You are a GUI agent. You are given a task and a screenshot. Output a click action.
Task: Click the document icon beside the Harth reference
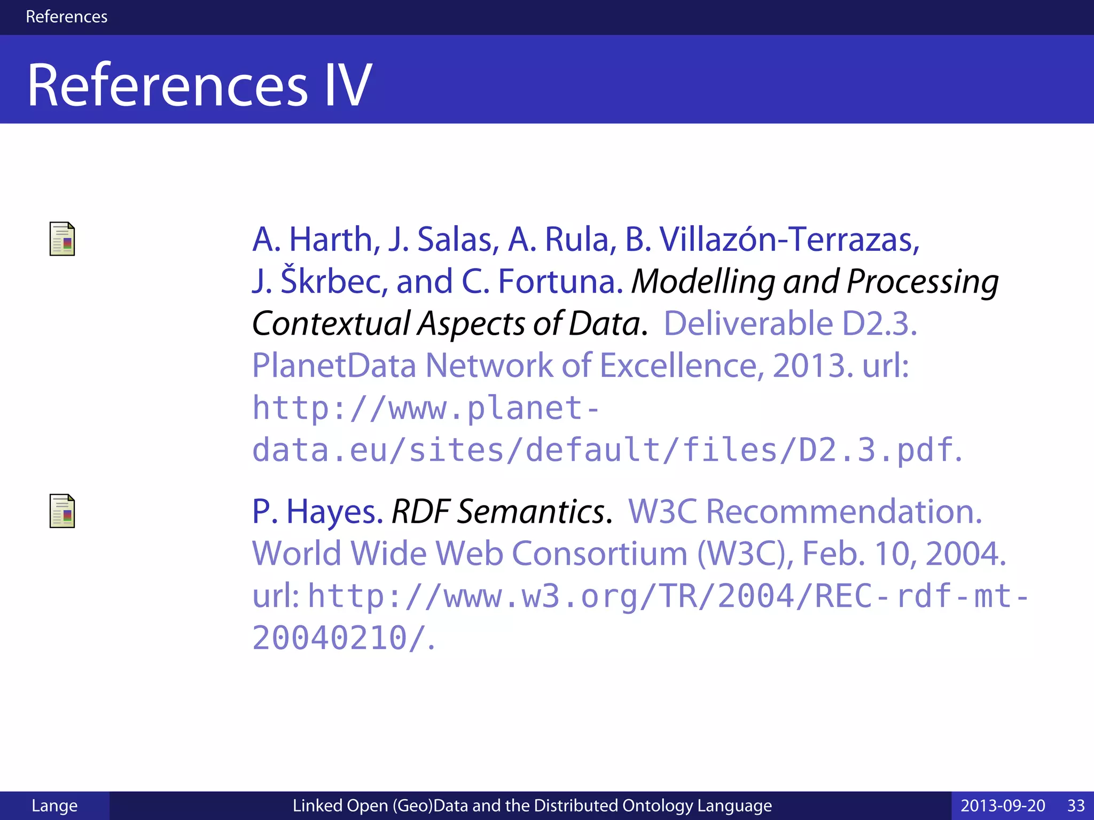click(x=62, y=239)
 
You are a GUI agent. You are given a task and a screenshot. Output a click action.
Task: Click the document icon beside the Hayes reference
click(x=62, y=511)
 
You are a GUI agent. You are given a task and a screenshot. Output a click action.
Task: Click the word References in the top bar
click(x=66, y=17)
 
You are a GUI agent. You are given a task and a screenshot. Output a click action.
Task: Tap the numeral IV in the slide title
click(x=348, y=85)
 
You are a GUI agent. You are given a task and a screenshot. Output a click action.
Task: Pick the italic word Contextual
click(x=331, y=324)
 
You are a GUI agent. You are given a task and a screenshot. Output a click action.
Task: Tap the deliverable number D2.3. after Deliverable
click(x=879, y=324)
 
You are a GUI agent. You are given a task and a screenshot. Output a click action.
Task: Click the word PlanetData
click(x=334, y=366)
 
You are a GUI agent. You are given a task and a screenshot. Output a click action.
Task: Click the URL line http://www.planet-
click(x=425, y=408)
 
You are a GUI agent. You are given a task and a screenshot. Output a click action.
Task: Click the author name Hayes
click(x=334, y=511)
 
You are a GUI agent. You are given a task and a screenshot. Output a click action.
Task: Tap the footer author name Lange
click(x=54, y=805)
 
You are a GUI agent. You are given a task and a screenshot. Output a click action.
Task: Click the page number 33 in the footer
click(x=1076, y=805)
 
